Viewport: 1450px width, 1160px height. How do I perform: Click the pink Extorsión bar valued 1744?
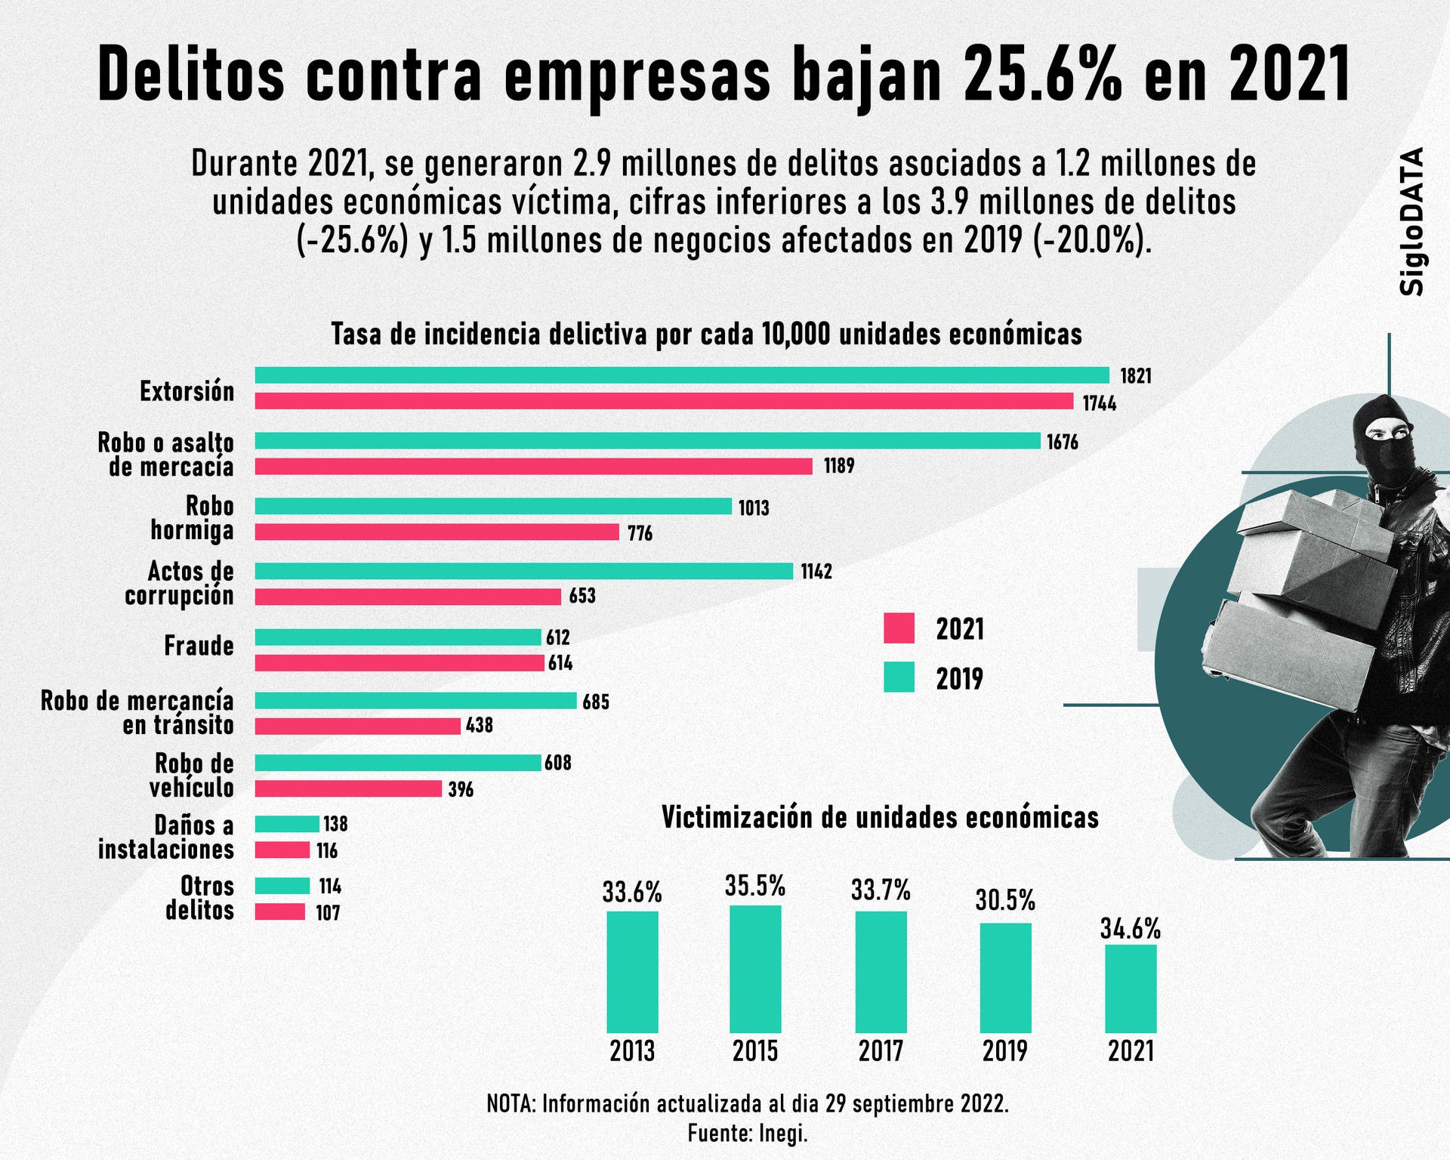coord(664,401)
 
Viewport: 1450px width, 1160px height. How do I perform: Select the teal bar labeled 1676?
coord(647,441)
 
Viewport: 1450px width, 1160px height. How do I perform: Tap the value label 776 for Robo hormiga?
coord(640,534)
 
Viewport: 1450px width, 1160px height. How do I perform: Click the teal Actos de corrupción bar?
coord(523,571)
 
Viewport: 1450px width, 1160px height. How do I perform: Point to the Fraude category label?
coord(199,646)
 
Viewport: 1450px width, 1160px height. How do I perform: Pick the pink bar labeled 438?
coord(357,726)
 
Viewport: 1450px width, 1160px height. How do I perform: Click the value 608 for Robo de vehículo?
coord(558,764)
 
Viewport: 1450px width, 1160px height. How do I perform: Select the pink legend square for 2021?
coord(899,628)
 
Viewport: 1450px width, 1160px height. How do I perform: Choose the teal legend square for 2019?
coord(899,677)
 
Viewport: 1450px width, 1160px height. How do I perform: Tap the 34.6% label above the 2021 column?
coord(1130,930)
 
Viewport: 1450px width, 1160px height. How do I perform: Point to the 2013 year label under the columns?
coord(632,1051)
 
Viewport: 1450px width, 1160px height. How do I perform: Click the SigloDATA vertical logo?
coord(1411,221)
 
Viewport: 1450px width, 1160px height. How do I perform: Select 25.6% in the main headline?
coord(1042,76)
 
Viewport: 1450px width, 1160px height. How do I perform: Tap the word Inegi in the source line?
coord(783,1134)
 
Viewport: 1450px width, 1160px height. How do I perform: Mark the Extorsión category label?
coord(187,392)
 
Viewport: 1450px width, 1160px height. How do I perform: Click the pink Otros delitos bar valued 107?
coord(279,912)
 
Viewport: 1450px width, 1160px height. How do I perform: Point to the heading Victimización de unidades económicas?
coord(880,818)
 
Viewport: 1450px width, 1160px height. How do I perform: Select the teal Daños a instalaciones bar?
coord(287,824)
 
